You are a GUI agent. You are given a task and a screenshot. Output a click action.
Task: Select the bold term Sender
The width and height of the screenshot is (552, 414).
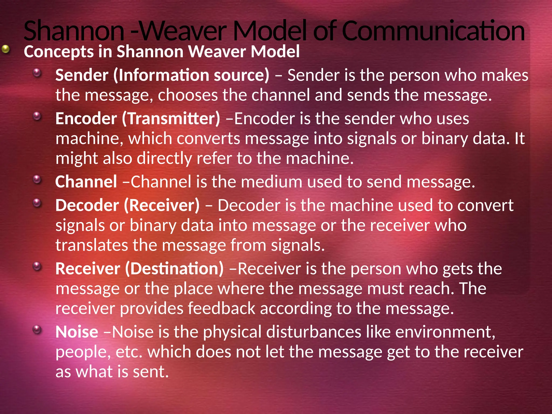[x=82, y=75]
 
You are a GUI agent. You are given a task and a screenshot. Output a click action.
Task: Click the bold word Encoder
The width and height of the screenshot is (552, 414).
[x=86, y=119]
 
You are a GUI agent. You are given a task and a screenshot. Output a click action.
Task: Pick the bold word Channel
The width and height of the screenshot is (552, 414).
[x=86, y=182]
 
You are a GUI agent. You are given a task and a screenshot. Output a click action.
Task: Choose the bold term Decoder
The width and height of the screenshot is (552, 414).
[x=87, y=205]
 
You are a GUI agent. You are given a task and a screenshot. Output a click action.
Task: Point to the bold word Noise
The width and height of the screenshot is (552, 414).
[x=77, y=332]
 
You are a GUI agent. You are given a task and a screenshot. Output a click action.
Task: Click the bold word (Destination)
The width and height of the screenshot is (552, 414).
[x=174, y=269]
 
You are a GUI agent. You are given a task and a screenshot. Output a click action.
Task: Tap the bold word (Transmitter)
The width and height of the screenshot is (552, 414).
[x=171, y=119]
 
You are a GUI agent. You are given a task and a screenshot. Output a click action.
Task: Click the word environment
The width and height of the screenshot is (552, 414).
[x=445, y=332]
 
